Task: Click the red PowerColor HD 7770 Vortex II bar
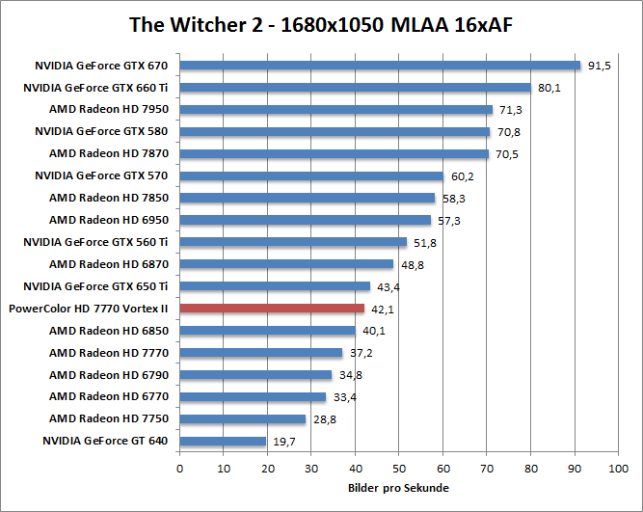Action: (x=272, y=309)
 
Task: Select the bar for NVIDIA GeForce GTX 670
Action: (x=380, y=66)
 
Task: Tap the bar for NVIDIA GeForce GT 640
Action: (x=223, y=442)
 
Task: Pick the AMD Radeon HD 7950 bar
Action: (x=335, y=110)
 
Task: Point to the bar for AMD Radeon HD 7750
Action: (x=242, y=419)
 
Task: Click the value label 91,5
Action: (x=600, y=66)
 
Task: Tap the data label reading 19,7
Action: (x=284, y=442)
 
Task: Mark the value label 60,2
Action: (x=463, y=176)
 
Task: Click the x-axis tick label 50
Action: (x=399, y=469)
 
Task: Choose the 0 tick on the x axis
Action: (x=180, y=469)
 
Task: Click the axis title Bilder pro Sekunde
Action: (x=398, y=489)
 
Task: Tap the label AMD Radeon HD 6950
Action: (x=109, y=221)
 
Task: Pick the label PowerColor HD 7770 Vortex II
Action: (x=88, y=309)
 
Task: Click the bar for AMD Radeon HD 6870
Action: (x=286, y=264)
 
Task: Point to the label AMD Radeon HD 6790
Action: (x=109, y=375)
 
